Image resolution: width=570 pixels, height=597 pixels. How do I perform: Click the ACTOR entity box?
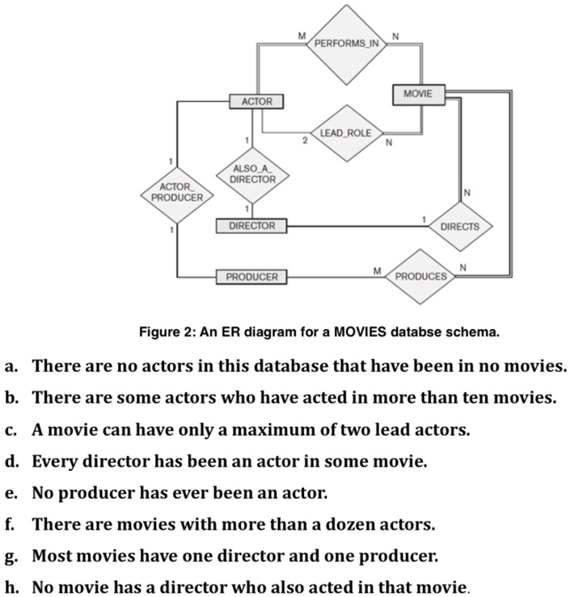pyautogui.click(x=256, y=102)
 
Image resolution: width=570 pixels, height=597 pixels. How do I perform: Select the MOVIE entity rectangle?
pyautogui.click(x=419, y=95)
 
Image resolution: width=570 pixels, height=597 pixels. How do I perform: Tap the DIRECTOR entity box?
pyautogui.click(x=251, y=226)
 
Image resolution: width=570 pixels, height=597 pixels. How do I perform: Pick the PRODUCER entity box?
pyautogui.click(x=251, y=277)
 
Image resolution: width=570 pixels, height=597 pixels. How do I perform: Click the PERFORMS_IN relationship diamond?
pyautogui.click(x=346, y=44)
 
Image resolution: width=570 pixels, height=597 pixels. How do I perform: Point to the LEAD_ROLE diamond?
pyautogui.click(x=346, y=133)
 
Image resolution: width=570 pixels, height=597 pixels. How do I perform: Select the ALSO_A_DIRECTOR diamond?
pyautogui.click(x=252, y=176)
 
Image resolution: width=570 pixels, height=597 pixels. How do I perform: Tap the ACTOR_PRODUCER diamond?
pyautogui.click(x=177, y=195)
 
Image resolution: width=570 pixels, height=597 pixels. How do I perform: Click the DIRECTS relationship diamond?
pyautogui.click(x=460, y=227)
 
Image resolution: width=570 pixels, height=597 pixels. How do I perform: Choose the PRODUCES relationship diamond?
pyautogui.click(x=420, y=277)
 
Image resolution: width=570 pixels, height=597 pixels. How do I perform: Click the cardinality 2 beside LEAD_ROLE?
pyautogui.click(x=305, y=141)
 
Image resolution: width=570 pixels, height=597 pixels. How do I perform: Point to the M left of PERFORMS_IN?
pyautogui.click(x=302, y=36)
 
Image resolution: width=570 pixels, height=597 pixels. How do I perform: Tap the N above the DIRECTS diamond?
pyautogui.click(x=467, y=193)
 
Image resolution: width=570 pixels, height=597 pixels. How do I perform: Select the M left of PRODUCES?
pyautogui.click(x=377, y=271)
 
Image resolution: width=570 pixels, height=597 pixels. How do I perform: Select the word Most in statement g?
pyautogui.click(x=51, y=556)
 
